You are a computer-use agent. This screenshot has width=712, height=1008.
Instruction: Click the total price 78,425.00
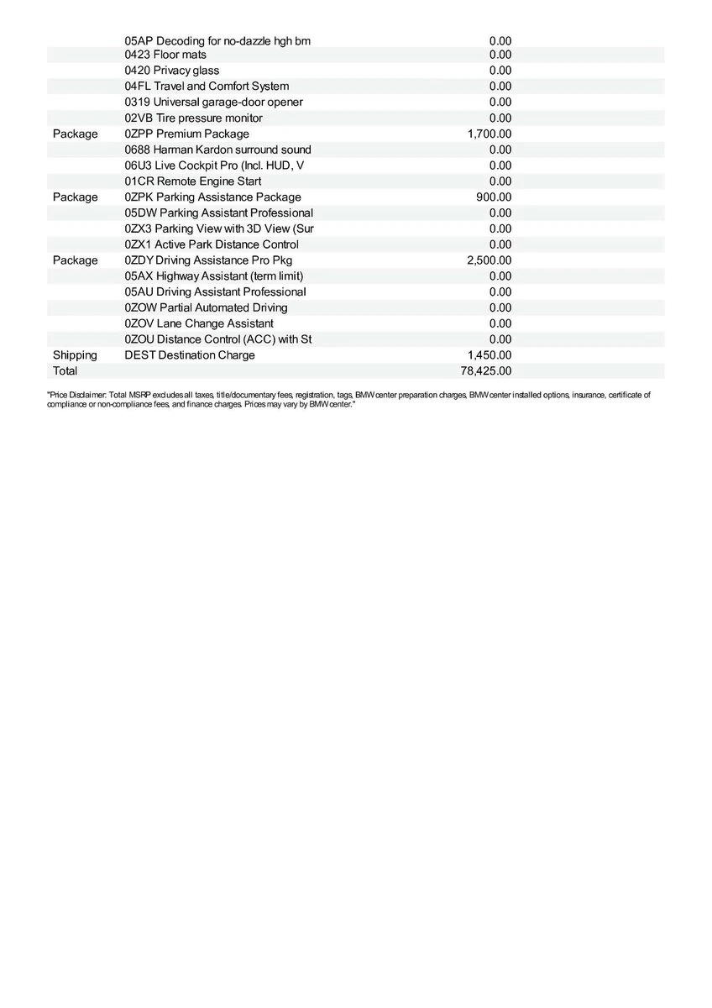tap(486, 370)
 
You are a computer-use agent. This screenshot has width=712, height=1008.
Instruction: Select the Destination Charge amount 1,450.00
tap(489, 355)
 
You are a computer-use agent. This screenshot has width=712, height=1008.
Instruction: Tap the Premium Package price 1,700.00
tap(489, 134)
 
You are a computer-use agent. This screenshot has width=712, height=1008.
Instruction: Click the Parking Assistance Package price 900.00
tap(494, 197)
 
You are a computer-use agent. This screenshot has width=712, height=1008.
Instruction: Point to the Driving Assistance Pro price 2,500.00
tap(489, 260)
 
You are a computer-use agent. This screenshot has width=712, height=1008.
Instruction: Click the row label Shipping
tap(75, 355)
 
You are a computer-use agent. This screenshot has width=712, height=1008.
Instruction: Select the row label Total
tap(65, 370)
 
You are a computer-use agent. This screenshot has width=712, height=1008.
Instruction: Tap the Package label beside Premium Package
tap(75, 134)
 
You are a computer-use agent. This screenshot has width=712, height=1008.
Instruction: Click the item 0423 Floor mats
tap(165, 55)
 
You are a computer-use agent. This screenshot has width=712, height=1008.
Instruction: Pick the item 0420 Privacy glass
tap(172, 71)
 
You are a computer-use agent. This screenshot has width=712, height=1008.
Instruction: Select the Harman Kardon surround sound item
tap(217, 150)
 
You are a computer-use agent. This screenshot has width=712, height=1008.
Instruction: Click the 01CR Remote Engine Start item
tap(193, 181)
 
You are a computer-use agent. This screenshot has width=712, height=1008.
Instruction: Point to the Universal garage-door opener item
tap(214, 102)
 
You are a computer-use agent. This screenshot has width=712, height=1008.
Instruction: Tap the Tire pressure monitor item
tap(193, 118)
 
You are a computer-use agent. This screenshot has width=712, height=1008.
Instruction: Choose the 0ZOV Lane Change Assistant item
tap(199, 323)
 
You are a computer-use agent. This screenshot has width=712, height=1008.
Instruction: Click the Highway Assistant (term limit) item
tap(214, 276)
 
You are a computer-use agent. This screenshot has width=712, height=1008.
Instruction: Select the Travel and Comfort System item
tap(207, 87)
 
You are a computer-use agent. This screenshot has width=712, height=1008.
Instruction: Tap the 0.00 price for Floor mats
tap(500, 55)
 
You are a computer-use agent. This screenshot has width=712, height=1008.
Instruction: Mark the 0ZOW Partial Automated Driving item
tap(206, 307)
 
